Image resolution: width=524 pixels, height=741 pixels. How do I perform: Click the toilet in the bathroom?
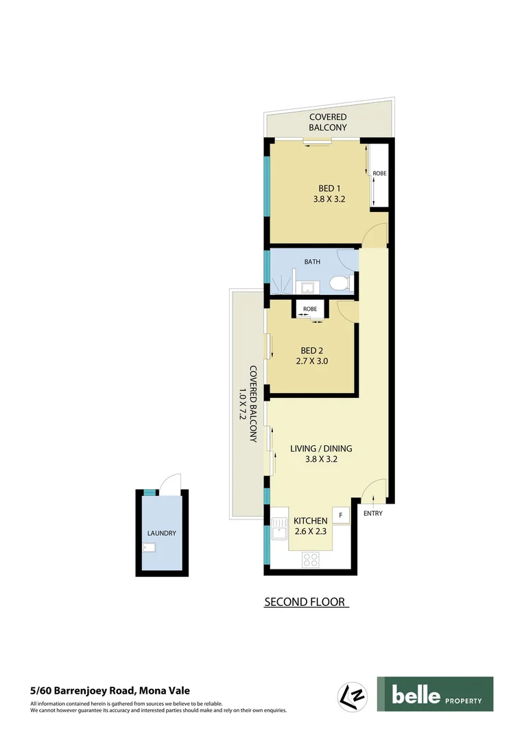pyautogui.click(x=339, y=282)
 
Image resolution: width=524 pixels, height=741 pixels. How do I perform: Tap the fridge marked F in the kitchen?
pyautogui.click(x=341, y=515)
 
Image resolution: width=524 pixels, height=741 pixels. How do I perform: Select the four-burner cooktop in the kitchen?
pyautogui.click(x=311, y=559)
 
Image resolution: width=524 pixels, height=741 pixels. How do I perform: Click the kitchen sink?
pyautogui.click(x=279, y=530)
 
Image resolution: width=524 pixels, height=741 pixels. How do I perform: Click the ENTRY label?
pyautogui.click(x=373, y=513)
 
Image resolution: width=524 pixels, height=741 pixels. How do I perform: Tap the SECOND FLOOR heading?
pyautogui.click(x=306, y=602)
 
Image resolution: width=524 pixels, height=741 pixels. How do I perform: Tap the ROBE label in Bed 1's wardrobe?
pyautogui.click(x=379, y=174)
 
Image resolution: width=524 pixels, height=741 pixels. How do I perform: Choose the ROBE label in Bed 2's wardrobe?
pyautogui.click(x=310, y=309)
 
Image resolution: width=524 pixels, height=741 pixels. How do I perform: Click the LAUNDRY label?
pyautogui.click(x=162, y=533)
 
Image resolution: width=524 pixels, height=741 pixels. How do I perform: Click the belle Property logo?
pyautogui.click(x=435, y=694)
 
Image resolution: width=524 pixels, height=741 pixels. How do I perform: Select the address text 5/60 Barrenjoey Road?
pyautogui.click(x=110, y=691)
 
